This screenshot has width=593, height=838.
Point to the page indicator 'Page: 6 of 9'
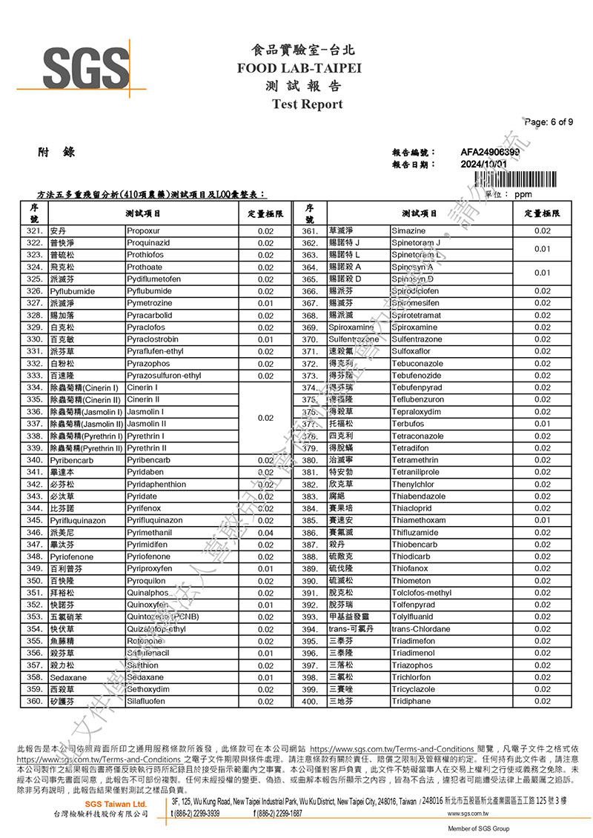pyautogui.click(x=548, y=122)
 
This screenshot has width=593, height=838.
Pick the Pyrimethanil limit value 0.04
pyautogui.click(x=265, y=532)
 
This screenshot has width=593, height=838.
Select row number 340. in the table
pyautogui.click(x=34, y=460)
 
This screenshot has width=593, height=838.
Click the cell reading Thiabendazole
pyautogui.click(x=419, y=496)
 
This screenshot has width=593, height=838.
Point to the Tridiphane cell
pyautogui.click(x=411, y=701)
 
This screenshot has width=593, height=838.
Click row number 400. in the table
pyautogui.click(x=310, y=701)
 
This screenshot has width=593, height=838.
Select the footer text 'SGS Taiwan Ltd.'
pyautogui.click(x=115, y=804)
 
